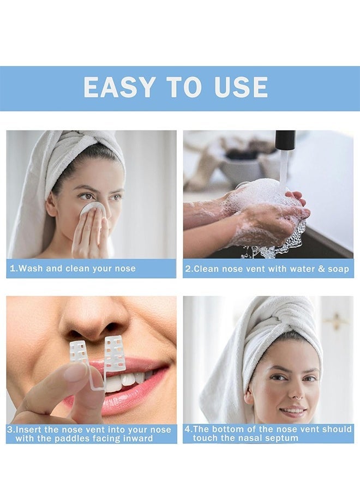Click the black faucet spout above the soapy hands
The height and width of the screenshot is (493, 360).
click(x=285, y=140)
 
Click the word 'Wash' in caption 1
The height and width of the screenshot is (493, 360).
click(x=30, y=268)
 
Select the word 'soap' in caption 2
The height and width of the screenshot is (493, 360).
click(x=338, y=269)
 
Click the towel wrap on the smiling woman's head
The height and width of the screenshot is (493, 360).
click(x=267, y=327)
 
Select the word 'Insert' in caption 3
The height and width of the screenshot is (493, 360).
click(x=30, y=430)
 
